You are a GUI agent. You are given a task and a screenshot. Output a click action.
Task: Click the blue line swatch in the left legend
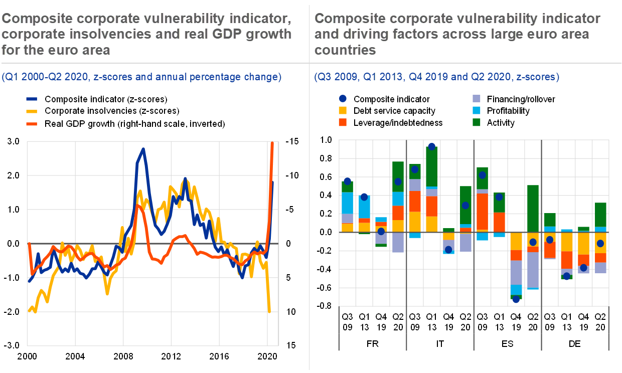tap(32, 99)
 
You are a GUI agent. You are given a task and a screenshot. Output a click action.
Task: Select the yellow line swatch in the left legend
tap(32, 111)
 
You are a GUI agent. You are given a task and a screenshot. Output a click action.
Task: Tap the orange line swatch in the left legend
tap(32, 123)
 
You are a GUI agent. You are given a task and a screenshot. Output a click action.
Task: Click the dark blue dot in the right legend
tap(343, 99)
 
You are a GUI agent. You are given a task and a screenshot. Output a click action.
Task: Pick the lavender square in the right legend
tap(477, 99)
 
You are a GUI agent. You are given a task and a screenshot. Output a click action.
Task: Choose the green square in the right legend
tap(477, 122)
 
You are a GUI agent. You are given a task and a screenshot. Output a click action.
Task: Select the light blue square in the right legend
tap(477, 110)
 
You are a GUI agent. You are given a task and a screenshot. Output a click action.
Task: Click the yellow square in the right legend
tap(343, 110)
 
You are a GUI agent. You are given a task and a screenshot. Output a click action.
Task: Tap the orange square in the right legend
tap(343, 122)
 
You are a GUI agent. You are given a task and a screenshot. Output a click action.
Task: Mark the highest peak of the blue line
tap(143, 148)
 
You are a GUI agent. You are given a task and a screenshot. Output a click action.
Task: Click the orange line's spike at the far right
tap(272, 143)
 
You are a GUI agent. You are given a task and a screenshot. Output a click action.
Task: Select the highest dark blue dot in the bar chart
tap(431, 147)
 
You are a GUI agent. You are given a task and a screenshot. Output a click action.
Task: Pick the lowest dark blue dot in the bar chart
tap(516, 299)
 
